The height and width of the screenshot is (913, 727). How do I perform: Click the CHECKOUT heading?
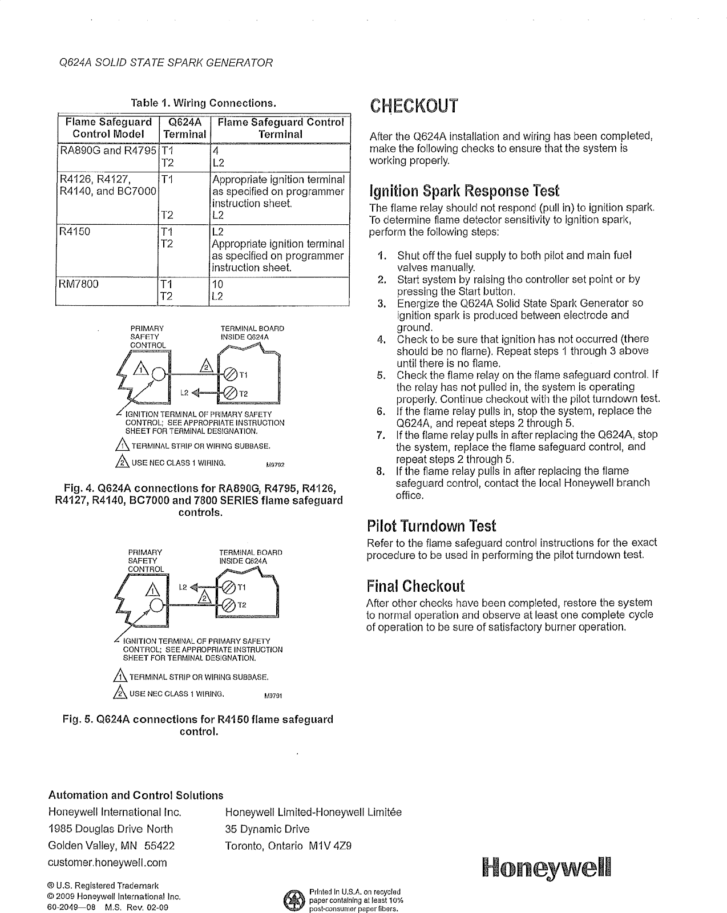point(414,106)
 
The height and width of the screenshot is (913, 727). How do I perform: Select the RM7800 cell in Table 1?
point(79,284)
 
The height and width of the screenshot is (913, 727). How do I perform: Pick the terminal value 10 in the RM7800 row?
point(217,284)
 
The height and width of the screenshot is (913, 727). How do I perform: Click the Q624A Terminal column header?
point(184,128)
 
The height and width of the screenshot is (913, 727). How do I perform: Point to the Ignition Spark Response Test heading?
point(465,190)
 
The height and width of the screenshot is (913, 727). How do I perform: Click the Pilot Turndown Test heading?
point(431,526)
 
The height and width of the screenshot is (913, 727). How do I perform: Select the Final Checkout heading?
point(415,586)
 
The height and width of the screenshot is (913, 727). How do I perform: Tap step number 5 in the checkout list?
point(382,375)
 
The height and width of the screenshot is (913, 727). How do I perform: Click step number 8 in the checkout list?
point(382,471)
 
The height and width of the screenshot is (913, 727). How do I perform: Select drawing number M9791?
point(273,696)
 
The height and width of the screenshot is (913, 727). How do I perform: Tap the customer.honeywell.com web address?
point(108,862)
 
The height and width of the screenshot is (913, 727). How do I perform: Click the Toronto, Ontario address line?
point(288,846)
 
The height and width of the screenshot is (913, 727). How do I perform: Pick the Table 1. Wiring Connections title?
point(204,103)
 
